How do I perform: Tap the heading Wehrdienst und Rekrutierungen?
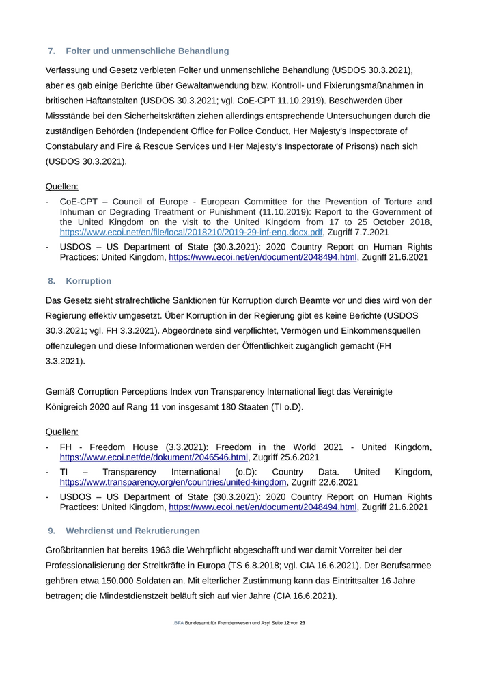(x=132, y=531)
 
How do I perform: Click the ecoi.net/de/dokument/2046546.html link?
(x=154, y=457)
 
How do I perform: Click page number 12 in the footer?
(x=287, y=623)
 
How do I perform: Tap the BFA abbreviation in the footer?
(x=179, y=623)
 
